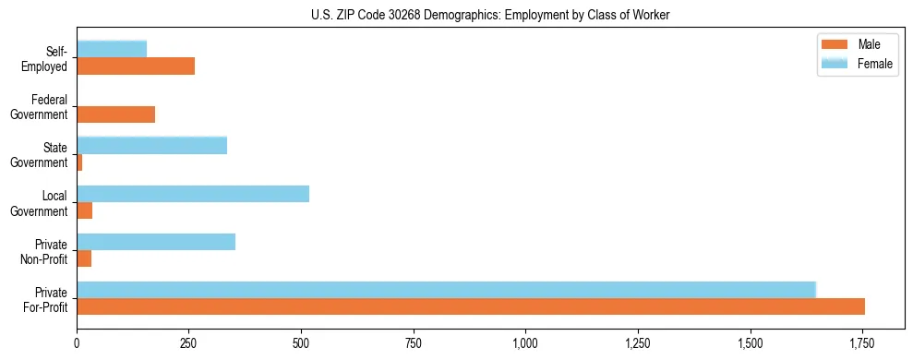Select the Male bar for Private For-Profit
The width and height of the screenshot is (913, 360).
click(471, 306)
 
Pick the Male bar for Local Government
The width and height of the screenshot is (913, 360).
click(85, 210)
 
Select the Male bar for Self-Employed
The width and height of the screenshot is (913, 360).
click(136, 66)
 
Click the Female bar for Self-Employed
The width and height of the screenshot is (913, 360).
click(112, 49)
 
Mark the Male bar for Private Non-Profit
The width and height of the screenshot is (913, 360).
click(84, 258)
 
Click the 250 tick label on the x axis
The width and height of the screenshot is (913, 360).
click(189, 343)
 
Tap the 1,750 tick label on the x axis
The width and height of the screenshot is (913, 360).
click(862, 343)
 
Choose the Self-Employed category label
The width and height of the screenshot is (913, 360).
click(50, 58)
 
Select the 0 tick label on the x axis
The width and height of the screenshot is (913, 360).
click(77, 343)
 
